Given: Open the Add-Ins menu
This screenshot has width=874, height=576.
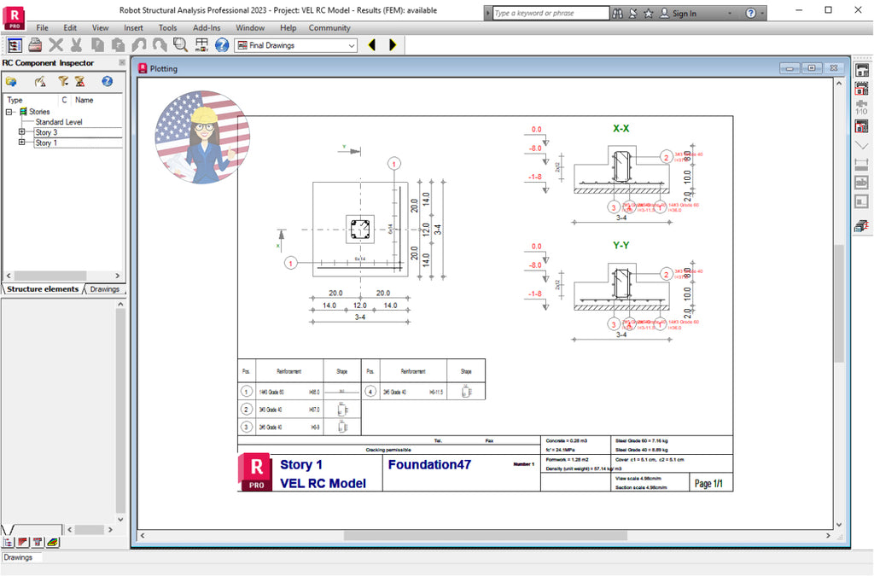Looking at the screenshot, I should pos(207,27).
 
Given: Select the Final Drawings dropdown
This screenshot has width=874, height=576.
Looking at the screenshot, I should pos(295,45).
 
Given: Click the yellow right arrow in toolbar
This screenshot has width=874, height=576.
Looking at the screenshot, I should pos(393,45).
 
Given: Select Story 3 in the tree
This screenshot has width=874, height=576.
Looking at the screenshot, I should pos(46,132).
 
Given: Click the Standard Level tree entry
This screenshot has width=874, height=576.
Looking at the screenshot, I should pos(59,122).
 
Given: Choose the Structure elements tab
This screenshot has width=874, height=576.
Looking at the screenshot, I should pos(43,289).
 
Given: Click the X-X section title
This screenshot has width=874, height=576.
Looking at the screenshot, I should pos(621,129).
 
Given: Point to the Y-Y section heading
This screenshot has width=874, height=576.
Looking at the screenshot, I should pos(621,246).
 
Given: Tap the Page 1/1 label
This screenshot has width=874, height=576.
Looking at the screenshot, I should pos(708,484).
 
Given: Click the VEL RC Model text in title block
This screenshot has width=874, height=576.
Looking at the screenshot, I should pos(323,483).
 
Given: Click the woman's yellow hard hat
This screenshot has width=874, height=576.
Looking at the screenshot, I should pos(205,115).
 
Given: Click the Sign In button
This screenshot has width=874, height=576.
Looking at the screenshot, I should pos(684,14).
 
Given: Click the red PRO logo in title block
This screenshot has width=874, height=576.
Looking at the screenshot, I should pos(255,472).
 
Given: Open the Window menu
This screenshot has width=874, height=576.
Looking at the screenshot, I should pos(250,27).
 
